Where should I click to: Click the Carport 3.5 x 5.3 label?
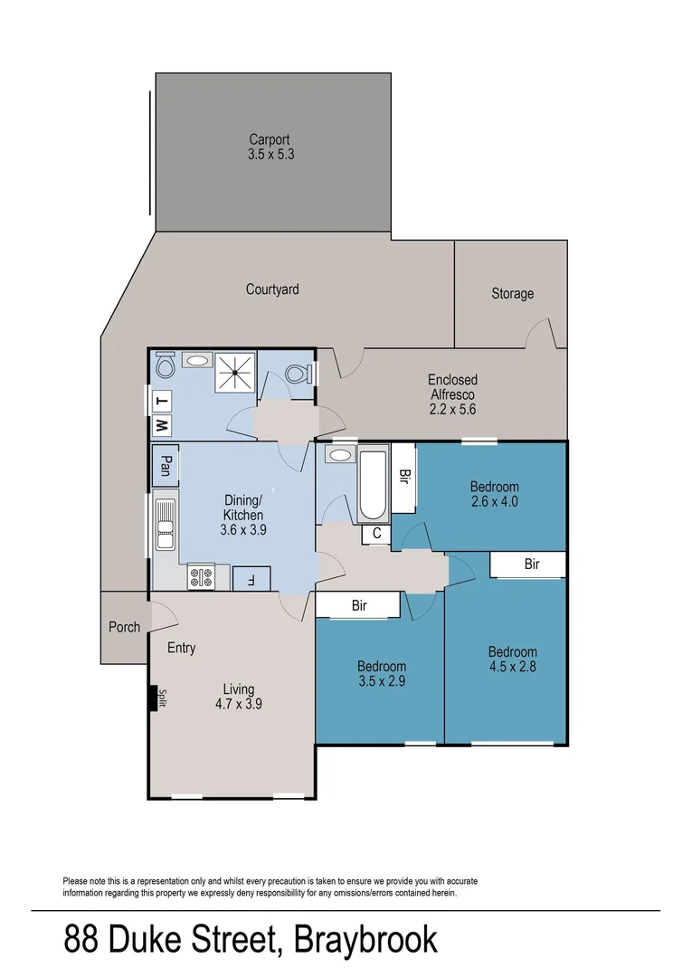coord(270,147)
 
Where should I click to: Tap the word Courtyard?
coord(272,289)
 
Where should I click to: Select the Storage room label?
coord(512,293)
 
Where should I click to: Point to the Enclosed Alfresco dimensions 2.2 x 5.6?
coord(452,409)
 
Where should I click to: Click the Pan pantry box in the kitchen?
coord(165,465)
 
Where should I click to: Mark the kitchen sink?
coord(165,525)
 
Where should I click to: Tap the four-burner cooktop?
coord(201,576)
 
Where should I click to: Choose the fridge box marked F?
coord(245,577)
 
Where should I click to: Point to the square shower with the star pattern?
coord(235,372)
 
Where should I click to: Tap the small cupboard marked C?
coord(375,535)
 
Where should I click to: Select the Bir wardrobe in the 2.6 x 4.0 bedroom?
coord(403,475)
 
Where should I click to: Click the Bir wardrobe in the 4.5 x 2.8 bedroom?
coord(530,564)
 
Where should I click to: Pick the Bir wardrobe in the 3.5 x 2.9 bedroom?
coord(358,605)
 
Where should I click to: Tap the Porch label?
coord(124,627)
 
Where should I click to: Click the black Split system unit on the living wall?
coord(152,698)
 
